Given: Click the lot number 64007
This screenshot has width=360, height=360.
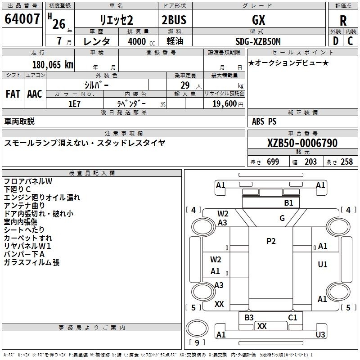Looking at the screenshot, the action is click(x=22, y=19).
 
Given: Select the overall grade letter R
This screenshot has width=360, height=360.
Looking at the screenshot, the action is click(x=343, y=21).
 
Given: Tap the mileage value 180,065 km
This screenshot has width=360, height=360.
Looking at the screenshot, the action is click(x=53, y=65).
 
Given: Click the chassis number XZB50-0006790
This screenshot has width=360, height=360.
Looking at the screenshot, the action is click(x=302, y=143).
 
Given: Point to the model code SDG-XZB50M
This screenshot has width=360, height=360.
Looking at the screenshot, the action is click(x=258, y=41).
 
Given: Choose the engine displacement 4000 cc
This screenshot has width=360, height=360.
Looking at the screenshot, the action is click(x=141, y=41).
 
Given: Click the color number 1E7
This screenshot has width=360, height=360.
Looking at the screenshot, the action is click(x=74, y=104).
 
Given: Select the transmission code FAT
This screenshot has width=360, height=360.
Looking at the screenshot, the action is click(x=13, y=94).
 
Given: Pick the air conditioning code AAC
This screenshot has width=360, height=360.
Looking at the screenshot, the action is click(x=35, y=94).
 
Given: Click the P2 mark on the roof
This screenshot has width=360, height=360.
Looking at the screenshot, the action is click(x=271, y=241).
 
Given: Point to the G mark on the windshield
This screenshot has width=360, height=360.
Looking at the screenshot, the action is click(x=282, y=218).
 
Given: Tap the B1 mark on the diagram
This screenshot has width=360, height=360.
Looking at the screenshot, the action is click(x=288, y=203).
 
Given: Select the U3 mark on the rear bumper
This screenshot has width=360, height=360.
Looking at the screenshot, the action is click(x=320, y=334).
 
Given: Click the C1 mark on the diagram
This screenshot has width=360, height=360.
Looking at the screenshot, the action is click(x=292, y=318).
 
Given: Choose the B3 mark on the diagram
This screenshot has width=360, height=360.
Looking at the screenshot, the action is click(x=249, y=318).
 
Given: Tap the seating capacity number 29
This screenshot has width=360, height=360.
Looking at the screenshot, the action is click(x=185, y=85).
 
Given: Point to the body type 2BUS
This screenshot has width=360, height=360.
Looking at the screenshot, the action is click(x=174, y=20).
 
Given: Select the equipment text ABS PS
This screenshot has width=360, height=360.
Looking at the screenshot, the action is click(x=264, y=121).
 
